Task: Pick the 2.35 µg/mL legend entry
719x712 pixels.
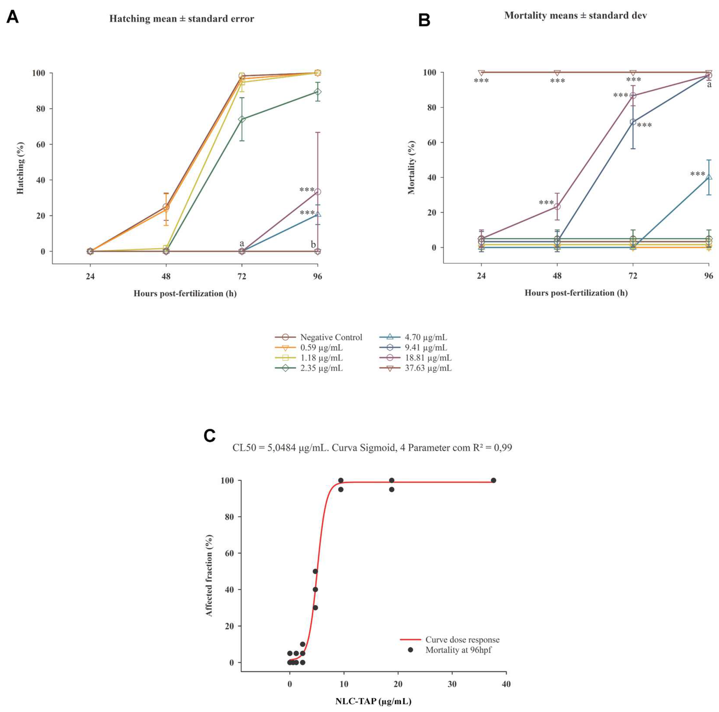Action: [321, 368]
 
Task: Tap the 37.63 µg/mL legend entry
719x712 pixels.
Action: [428, 368]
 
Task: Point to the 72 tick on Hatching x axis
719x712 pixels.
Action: [241, 276]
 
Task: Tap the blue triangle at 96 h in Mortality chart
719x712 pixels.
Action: [709, 177]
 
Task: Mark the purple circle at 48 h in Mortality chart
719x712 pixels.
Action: [557, 207]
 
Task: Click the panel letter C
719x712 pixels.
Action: [209, 436]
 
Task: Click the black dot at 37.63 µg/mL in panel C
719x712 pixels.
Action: [494, 480]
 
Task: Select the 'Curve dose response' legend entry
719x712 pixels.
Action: [462, 640]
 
